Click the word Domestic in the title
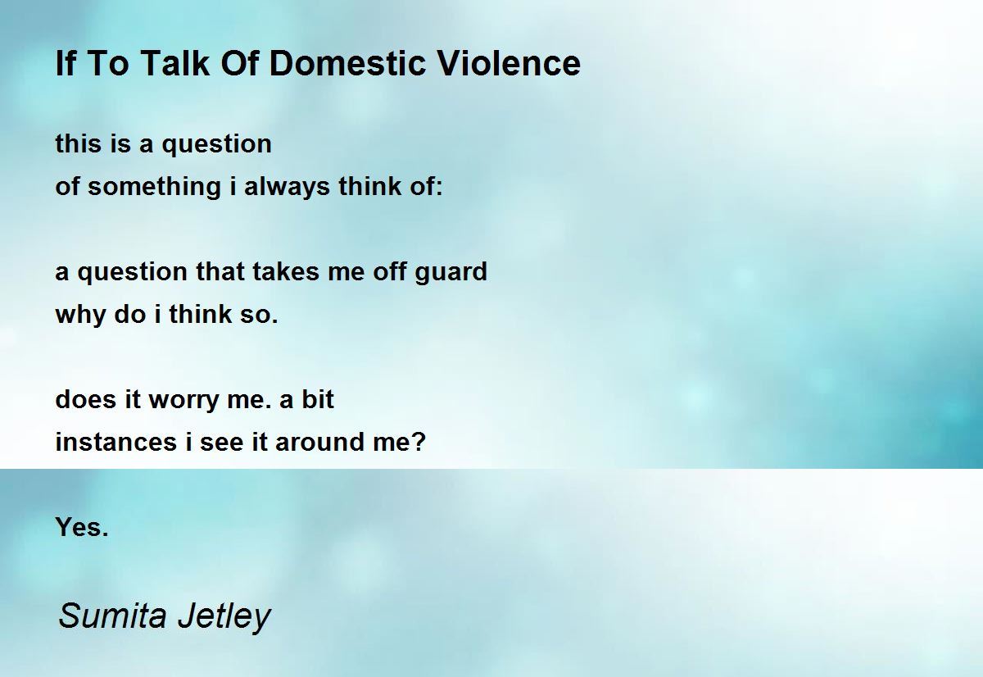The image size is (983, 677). (x=347, y=63)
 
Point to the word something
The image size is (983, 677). (x=154, y=187)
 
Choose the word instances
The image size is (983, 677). (x=116, y=442)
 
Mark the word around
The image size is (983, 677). (x=319, y=442)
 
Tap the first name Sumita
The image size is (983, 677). (x=112, y=616)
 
